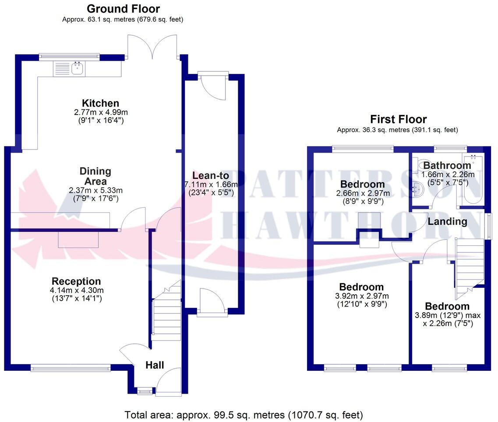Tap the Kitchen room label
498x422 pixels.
click(100, 104)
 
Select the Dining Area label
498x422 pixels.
click(95, 176)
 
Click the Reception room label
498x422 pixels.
click(76, 281)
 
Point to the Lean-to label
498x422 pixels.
click(212, 176)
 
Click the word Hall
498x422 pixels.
click(155, 365)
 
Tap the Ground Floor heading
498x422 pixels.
click(123, 9)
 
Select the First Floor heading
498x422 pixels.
click(398, 119)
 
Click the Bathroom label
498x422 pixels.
click(447, 166)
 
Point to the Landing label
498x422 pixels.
click(447, 221)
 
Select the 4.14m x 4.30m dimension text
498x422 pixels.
click(78, 290)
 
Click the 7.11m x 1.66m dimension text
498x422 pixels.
click(212, 184)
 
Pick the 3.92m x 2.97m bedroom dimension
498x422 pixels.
click(361, 296)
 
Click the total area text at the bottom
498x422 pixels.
click(244, 415)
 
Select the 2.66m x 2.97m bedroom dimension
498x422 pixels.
click(362, 193)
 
